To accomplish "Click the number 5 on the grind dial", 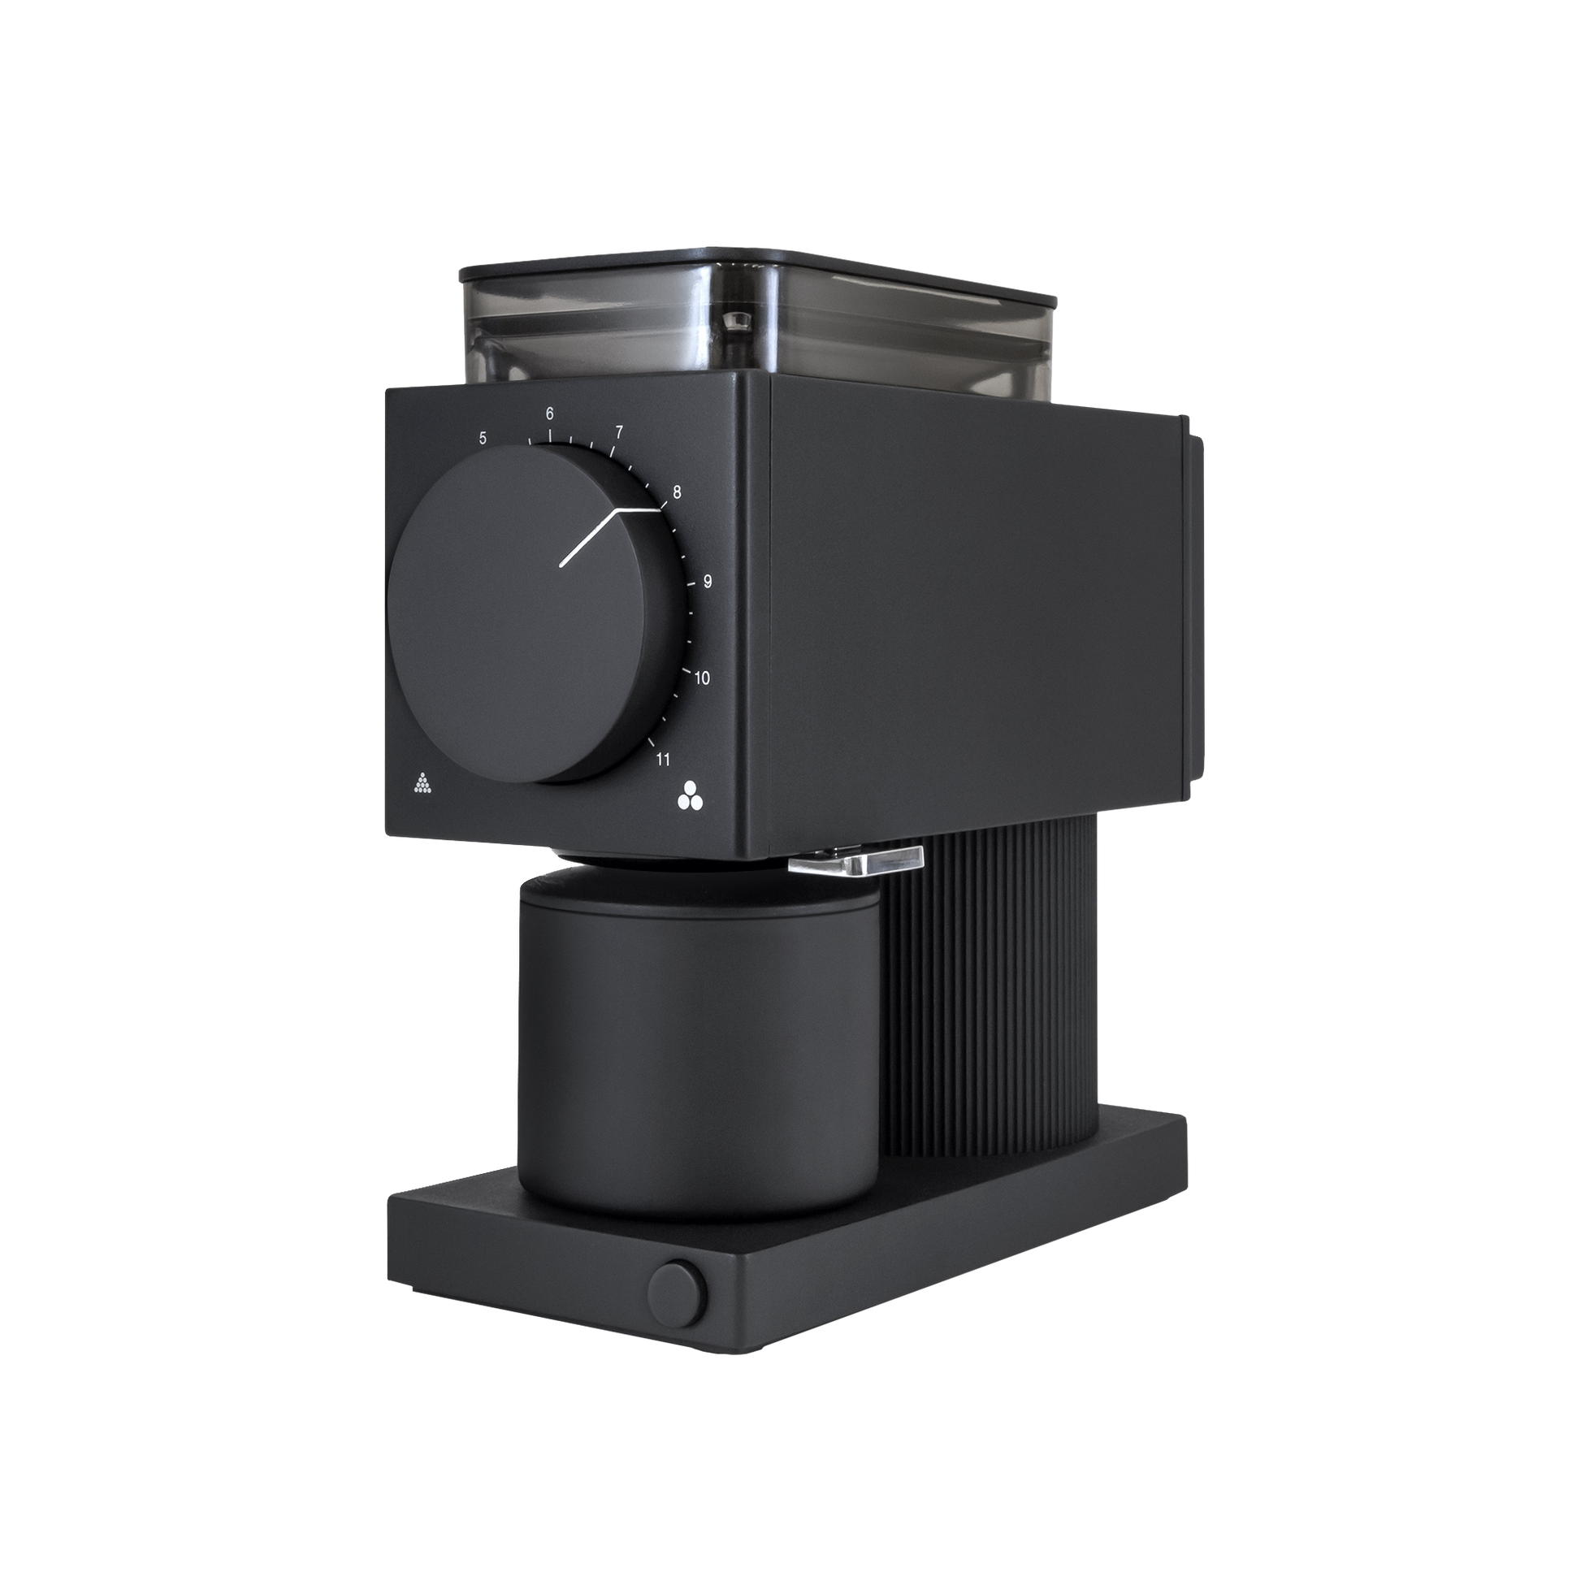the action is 483,438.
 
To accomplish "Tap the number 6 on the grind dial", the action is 550,414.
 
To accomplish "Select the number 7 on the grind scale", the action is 618,431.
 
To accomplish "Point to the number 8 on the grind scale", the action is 677,492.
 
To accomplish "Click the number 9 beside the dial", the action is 707,582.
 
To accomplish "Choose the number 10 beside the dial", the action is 701,678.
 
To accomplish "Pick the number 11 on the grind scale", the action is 663,760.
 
